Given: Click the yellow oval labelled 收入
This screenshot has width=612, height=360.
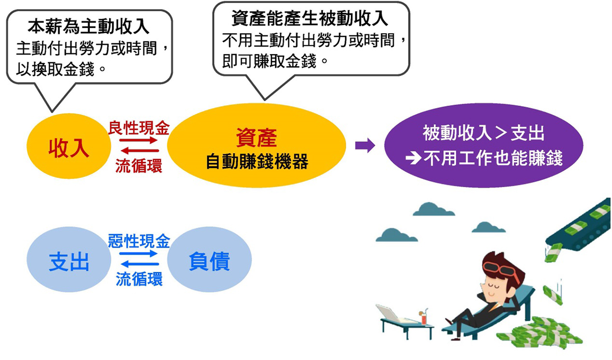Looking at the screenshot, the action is pyautogui.click(x=69, y=146).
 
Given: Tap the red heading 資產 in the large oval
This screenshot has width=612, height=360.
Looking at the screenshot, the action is pyautogui.click(x=256, y=138).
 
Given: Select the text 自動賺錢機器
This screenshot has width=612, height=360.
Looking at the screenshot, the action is pyautogui.click(x=257, y=162).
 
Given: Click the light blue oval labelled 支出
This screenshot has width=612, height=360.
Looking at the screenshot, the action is pyautogui.click(x=69, y=260).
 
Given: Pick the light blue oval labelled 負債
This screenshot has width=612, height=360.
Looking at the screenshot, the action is pyautogui.click(x=209, y=260).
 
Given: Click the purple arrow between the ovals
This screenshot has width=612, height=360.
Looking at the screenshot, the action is pyautogui.click(x=365, y=145).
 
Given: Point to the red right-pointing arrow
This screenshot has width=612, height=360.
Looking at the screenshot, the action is pyautogui.click(x=138, y=140).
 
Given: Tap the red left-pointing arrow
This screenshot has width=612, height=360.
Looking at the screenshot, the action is pyautogui.click(x=140, y=150).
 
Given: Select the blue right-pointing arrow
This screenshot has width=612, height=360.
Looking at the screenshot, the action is pyautogui.click(x=138, y=254).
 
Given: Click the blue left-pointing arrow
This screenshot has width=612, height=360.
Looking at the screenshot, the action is pyautogui.click(x=140, y=264).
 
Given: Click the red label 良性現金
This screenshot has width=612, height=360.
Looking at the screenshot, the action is pyautogui.click(x=139, y=128).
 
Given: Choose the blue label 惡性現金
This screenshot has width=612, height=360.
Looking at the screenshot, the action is pyautogui.click(x=139, y=241).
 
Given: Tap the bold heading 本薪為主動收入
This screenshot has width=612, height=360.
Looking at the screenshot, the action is pyautogui.click(x=89, y=27).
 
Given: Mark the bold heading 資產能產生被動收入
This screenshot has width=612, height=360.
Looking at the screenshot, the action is pyautogui.click(x=310, y=18).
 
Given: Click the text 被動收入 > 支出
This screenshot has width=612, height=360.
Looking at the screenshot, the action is pyautogui.click(x=483, y=133).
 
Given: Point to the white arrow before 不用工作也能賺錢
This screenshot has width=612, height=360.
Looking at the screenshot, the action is pyautogui.click(x=413, y=159).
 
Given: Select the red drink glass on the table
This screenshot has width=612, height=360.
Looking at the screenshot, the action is pyautogui.click(x=423, y=319).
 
